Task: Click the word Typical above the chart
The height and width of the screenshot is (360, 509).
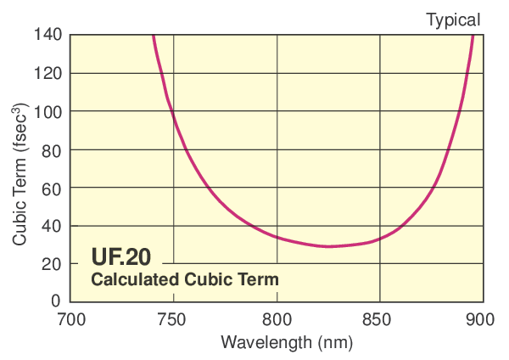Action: [x=452, y=19]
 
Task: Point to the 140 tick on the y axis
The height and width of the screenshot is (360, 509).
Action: [x=48, y=35]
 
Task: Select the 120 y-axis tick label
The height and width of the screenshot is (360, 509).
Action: [x=48, y=73]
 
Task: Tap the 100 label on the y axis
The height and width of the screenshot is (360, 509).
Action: [x=48, y=111]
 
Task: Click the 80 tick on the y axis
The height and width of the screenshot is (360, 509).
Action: [x=52, y=149]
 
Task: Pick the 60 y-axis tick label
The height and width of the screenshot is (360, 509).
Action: [x=52, y=188]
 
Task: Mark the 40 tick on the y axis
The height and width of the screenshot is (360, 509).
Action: [x=52, y=226]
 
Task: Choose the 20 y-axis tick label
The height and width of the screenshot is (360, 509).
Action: [x=52, y=264]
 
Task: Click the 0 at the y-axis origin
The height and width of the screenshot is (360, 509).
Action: [x=56, y=301]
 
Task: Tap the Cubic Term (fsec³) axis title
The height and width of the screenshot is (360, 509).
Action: [x=20, y=175]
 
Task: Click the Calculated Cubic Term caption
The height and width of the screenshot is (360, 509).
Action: [x=185, y=278]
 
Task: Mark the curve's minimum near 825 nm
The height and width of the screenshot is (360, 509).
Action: [x=328, y=246]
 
